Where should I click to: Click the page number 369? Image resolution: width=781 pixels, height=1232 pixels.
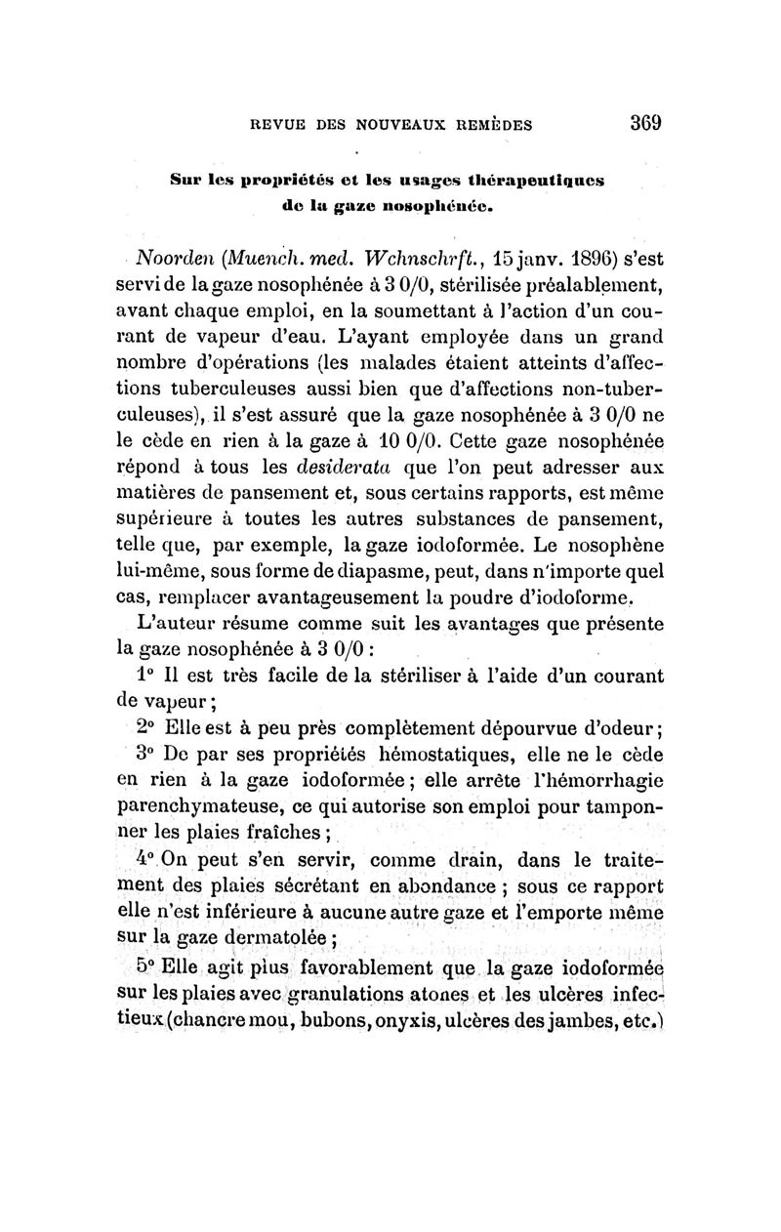click(645, 124)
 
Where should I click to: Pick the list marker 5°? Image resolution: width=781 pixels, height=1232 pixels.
click(147, 972)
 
